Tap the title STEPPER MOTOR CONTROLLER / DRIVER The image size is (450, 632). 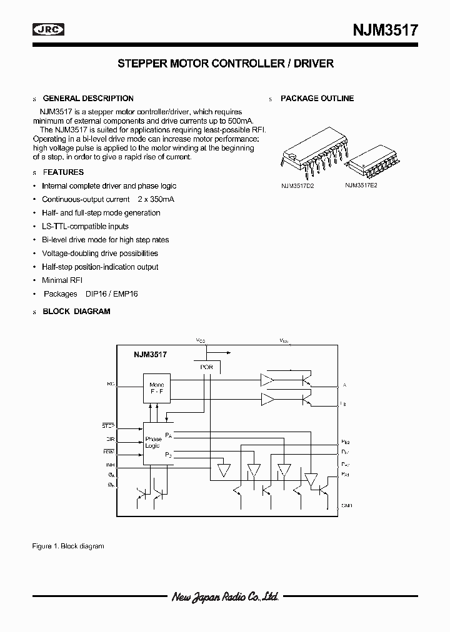pyautogui.click(x=226, y=64)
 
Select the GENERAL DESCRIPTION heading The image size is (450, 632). pyautogui.click(x=87, y=98)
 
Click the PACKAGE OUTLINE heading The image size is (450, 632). pyautogui.click(x=317, y=98)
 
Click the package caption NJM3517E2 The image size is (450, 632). pyautogui.click(x=361, y=185)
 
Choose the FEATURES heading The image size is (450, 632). pyautogui.click(x=62, y=172)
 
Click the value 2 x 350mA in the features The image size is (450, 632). pyautogui.click(x=156, y=199)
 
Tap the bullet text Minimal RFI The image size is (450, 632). pyautogui.click(x=62, y=280)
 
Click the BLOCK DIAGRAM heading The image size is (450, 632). pyautogui.click(x=76, y=311)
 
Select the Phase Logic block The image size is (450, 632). pyautogui.click(x=153, y=443)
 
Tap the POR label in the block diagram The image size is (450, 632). pyautogui.click(x=206, y=367)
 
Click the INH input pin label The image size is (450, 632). pyautogui.click(x=109, y=465)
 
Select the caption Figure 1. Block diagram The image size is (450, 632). pyautogui.click(x=67, y=546)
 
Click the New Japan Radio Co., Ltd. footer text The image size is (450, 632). pyautogui.click(x=225, y=598)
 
